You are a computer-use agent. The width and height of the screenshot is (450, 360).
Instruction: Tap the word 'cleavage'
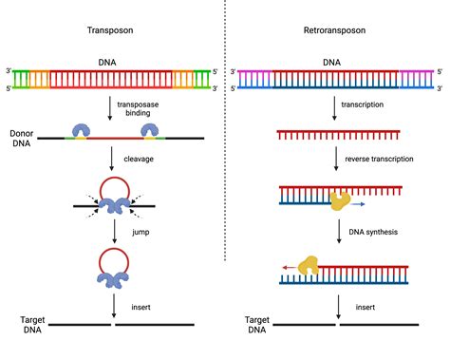pyautogui.click(x=141, y=160)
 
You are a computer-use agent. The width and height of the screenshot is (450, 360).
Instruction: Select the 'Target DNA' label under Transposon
pyautogui.click(x=26, y=326)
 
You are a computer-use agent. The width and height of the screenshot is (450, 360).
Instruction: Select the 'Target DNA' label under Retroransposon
pyautogui.click(x=254, y=326)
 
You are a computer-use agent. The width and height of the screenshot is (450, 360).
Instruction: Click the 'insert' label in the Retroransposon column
pyautogui.click(x=366, y=307)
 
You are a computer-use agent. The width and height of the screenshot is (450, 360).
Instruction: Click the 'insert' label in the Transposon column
pyautogui.click(x=137, y=307)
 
